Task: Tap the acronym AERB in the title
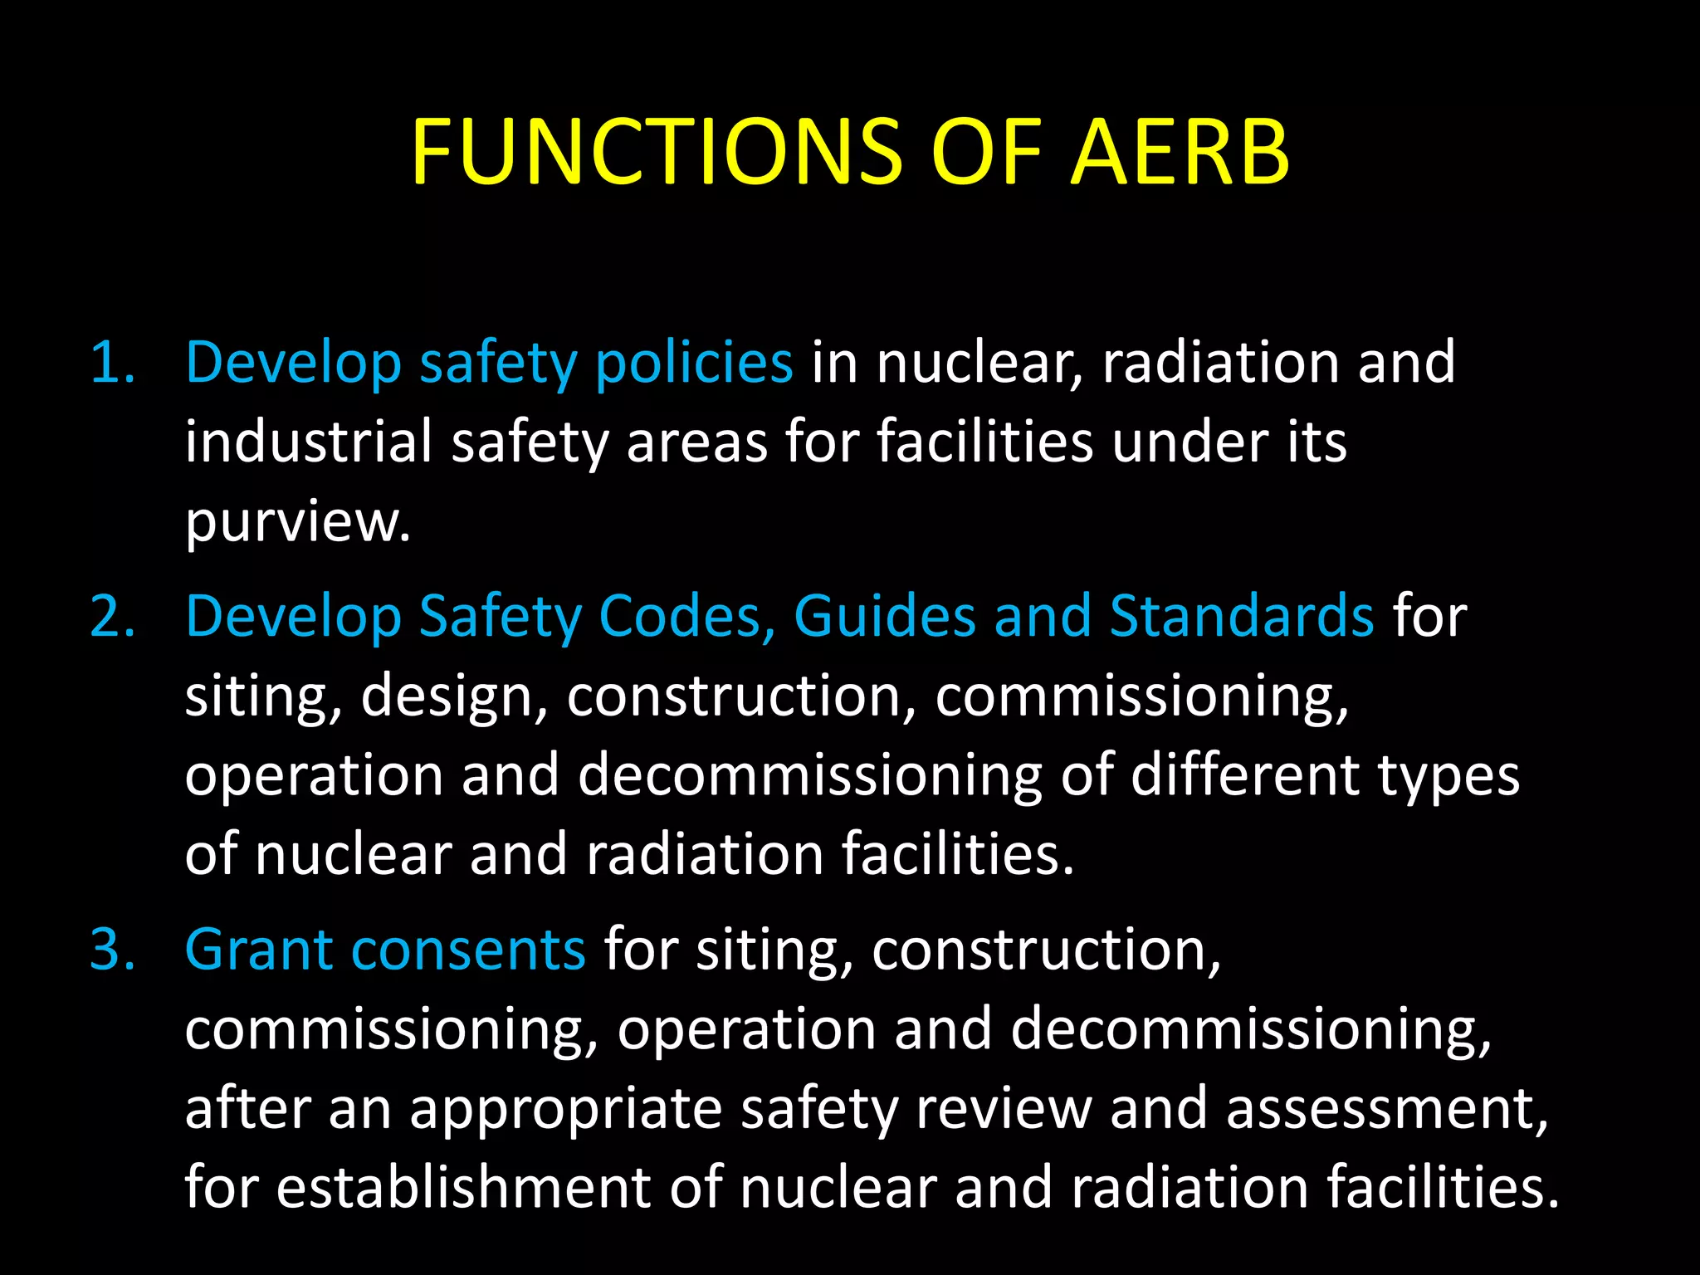coord(1180,151)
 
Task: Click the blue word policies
coord(694,363)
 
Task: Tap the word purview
coord(297,522)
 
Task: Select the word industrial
coord(308,442)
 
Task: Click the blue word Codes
coord(686,617)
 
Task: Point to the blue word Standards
coord(1242,617)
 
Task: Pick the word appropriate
coord(565,1109)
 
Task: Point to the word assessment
coord(1386,1109)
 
